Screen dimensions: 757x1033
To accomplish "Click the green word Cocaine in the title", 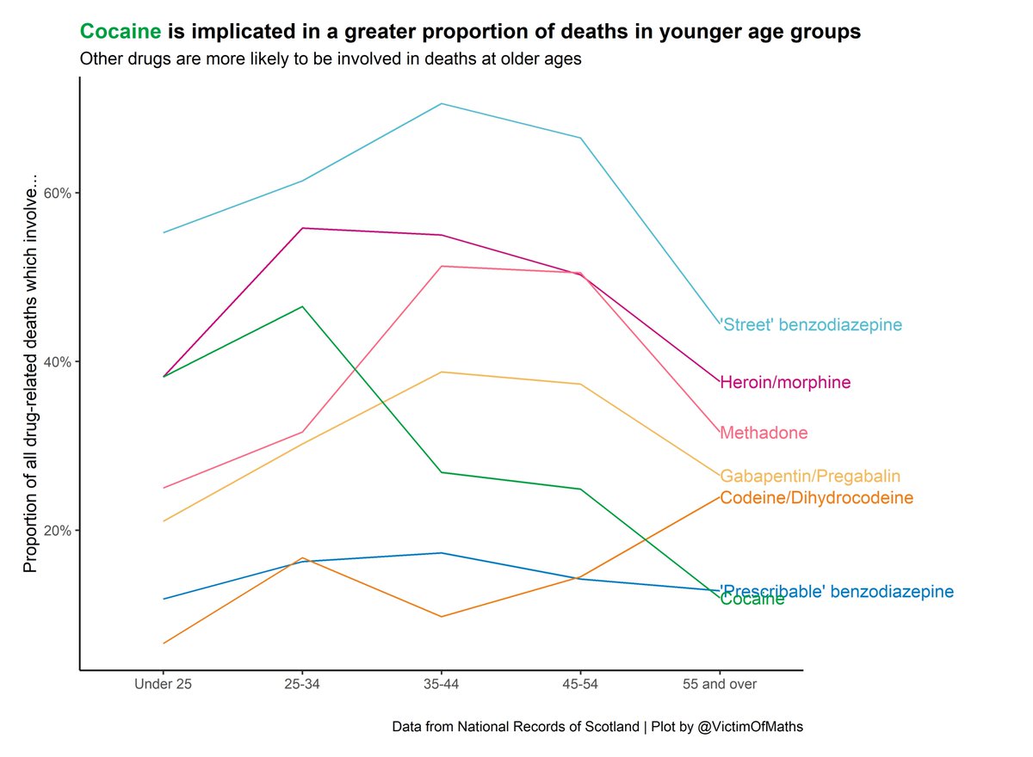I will [x=121, y=33].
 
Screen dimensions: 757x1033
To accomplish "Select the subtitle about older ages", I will [x=330, y=60].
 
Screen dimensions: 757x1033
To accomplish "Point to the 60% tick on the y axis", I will [x=57, y=193].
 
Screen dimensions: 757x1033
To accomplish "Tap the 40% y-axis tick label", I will [x=57, y=361].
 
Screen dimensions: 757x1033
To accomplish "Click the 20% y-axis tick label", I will [x=57, y=530].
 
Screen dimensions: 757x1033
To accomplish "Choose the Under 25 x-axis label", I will [x=163, y=685].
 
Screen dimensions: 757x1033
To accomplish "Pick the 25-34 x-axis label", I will [x=302, y=685].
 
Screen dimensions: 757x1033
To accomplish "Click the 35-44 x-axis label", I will [x=441, y=685].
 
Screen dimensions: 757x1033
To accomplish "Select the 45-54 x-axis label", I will [x=580, y=685].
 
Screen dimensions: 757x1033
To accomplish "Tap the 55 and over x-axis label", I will [x=720, y=685].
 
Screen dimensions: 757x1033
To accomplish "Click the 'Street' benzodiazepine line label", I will [x=810, y=325].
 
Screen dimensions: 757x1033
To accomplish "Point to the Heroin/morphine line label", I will [x=785, y=383].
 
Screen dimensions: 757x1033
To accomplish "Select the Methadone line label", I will [x=764, y=433].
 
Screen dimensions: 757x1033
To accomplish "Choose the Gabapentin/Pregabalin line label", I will [x=810, y=476].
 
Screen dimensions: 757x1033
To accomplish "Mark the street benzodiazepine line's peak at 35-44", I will [x=441, y=104].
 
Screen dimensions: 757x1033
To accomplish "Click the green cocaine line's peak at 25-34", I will [x=302, y=306].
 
